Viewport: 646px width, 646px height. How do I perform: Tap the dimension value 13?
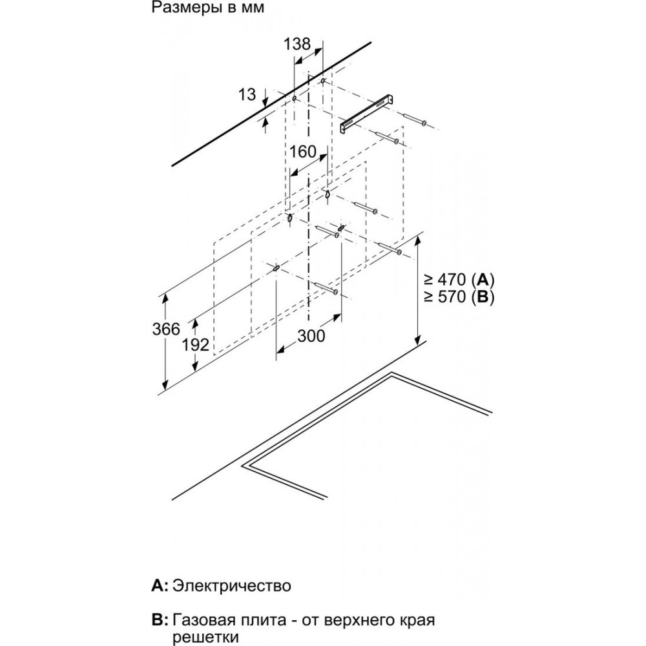(247, 94)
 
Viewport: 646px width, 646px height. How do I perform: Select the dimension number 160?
(303, 152)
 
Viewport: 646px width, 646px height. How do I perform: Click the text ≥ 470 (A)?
(459, 280)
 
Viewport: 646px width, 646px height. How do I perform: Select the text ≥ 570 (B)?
(459, 298)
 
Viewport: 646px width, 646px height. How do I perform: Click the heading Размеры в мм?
(198, 9)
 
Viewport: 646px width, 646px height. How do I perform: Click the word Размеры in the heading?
(179, 9)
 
